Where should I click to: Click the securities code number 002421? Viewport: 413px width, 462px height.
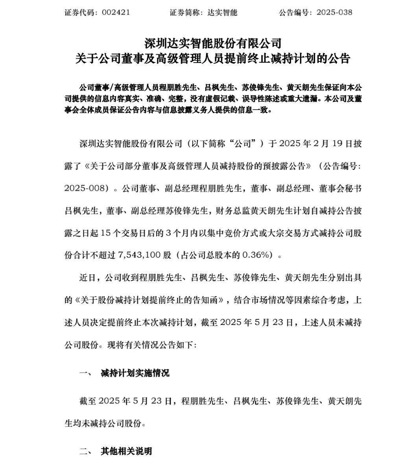click(116, 12)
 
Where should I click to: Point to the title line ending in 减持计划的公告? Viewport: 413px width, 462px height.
click(213, 59)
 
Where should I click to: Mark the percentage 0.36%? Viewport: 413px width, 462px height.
click(256, 255)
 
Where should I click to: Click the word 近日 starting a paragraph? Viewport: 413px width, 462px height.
click(87, 278)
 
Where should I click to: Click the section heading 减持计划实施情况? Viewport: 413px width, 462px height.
click(135, 373)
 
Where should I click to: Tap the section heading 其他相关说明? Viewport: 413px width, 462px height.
click(126, 451)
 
